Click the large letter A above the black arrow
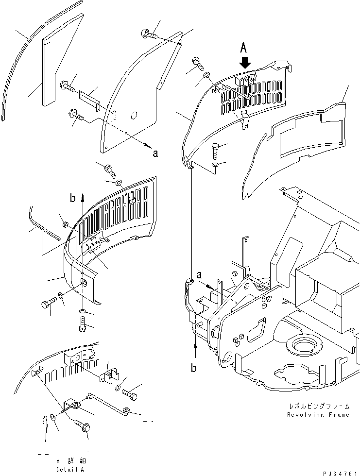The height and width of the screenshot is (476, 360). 244,48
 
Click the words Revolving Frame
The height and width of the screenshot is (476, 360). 318,415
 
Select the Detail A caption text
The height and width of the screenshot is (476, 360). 70,470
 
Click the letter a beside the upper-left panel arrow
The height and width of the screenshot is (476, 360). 155,154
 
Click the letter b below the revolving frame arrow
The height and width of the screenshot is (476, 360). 193,368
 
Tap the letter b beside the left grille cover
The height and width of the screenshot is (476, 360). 72,198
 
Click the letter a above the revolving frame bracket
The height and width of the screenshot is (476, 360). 199,275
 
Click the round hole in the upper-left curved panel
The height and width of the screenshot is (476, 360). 134,116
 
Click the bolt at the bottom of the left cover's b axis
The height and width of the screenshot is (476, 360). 82,324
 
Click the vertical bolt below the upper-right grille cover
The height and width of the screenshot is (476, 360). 215,151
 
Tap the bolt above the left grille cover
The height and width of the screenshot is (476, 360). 110,171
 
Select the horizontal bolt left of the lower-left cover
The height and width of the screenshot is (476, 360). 49,302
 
